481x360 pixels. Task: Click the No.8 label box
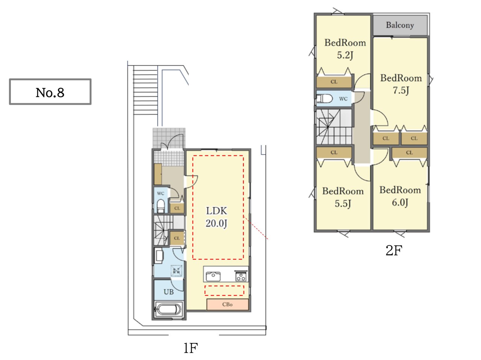(x=50, y=92)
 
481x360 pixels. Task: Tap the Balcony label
(x=400, y=25)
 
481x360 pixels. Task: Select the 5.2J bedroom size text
(x=345, y=55)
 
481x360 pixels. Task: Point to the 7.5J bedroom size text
(x=401, y=90)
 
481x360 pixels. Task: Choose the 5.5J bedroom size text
(x=343, y=203)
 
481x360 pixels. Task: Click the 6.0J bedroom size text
(x=400, y=202)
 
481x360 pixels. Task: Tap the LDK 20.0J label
(x=216, y=217)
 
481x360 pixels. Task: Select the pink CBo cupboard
(x=227, y=304)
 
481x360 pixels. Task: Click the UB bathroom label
(x=168, y=292)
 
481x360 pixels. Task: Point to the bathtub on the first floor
(x=169, y=309)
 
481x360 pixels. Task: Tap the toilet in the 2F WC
(x=325, y=98)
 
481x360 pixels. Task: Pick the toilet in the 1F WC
(x=161, y=205)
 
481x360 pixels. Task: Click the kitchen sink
(x=213, y=276)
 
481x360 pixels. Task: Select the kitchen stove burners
(x=241, y=276)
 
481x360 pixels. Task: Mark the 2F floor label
(x=394, y=250)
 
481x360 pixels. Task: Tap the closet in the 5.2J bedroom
(x=334, y=82)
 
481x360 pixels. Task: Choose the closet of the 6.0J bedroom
(x=409, y=152)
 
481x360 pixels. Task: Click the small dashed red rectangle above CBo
(x=224, y=291)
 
